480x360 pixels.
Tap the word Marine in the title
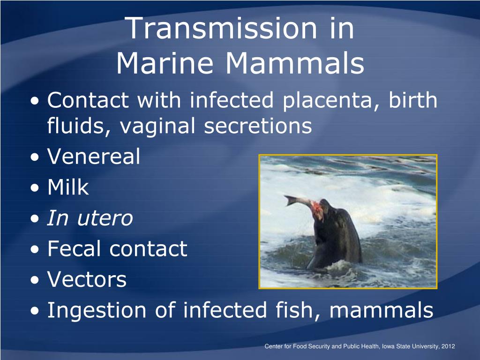click(x=165, y=63)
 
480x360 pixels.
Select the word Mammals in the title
click(x=295, y=63)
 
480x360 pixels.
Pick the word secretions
click(x=258, y=126)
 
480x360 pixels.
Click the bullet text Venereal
click(x=94, y=156)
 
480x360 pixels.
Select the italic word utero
click(x=105, y=218)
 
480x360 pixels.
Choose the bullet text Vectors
click(x=87, y=279)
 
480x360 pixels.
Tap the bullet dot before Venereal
click(x=35, y=157)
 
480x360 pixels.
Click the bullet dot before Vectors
click(x=35, y=280)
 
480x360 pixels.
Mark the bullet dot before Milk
click(x=35, y=187)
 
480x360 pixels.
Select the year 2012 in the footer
click(x=448, y=346)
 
